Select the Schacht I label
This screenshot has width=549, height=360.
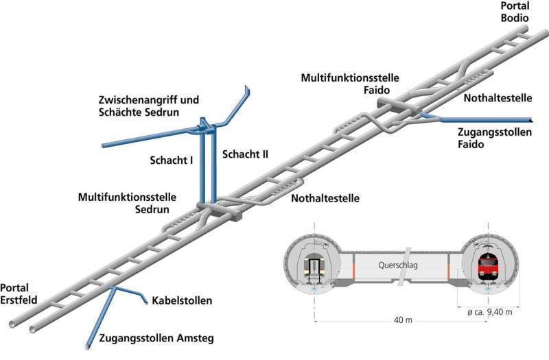pos(171,160)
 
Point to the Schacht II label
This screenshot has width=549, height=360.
pos(245,155)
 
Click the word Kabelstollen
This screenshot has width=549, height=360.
pos(181,300)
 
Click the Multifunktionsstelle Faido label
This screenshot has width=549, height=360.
pos(350,84)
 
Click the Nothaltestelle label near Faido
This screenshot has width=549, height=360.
pos(494,99)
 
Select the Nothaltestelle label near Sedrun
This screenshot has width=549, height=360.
pos(325,199)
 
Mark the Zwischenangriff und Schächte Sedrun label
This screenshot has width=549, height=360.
pos(148,106)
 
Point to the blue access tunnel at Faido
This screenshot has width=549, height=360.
pos(480,121)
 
